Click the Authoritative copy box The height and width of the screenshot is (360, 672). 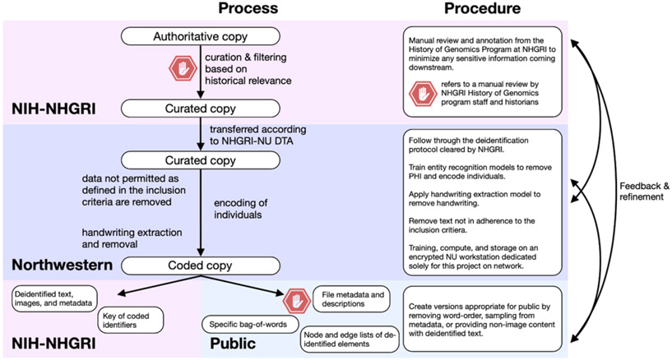pyautogui.click(x=200, y=36)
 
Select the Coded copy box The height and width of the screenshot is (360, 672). pyautogui.click(x=200, y=265)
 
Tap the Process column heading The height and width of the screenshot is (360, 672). pyautogui.click(x=248, y=8)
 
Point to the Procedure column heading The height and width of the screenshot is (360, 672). pyautogui.click(x=482, y=8)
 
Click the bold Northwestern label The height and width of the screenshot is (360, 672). pyautogui.click(x=63, y=265)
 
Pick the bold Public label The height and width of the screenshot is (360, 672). pyautogui.click(x=233, y=344)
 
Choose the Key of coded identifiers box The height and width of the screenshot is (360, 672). pyautogui.click(x=131, y=321)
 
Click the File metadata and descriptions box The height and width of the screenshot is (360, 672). pyautogui.click(x=351, y=299)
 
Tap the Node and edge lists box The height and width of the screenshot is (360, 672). pyautogui.click(x=350, y=339)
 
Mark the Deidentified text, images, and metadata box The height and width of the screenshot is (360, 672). pyautogui.click(x=54, y=299)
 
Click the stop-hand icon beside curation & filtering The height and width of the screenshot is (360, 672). pyautogui.click(x=183, y=68)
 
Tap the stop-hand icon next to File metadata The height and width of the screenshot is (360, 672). pyautogui.click(x=297, y=302)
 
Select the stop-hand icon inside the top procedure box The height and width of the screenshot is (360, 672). pyautogui.click(x=423, y=94)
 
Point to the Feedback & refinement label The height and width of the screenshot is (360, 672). pyautogui.click(x=644, y=192)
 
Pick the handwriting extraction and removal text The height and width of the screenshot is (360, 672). pyautogui.click(x=132, y=238)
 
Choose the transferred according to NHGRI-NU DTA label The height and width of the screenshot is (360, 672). pyautogui.click(x=257, y=135)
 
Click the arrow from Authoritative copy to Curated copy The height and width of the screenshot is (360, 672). pyautogui.click(x=200, y=72)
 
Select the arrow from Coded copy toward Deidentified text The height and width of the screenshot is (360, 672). pyautogui.click(x=159, y=285)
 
